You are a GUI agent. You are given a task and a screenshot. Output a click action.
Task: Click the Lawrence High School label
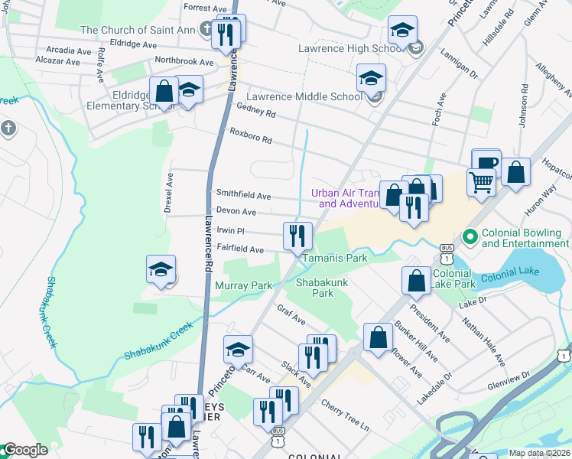[351, 48]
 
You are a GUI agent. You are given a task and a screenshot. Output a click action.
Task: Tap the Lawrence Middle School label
[314, 96]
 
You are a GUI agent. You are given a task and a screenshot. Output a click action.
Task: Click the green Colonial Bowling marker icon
[470, 237]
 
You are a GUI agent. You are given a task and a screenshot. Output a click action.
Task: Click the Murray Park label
[243, 285]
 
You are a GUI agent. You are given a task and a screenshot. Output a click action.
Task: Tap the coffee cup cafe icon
[486, 162]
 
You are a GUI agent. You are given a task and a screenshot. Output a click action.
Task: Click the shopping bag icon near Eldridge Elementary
[164, 92]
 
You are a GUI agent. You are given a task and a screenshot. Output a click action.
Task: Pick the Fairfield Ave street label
[239, 249]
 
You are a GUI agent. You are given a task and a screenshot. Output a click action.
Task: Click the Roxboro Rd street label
[251, 136]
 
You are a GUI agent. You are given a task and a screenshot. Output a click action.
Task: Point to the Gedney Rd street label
[256, 112]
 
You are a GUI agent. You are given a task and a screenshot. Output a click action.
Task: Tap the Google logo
[24, 451]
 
